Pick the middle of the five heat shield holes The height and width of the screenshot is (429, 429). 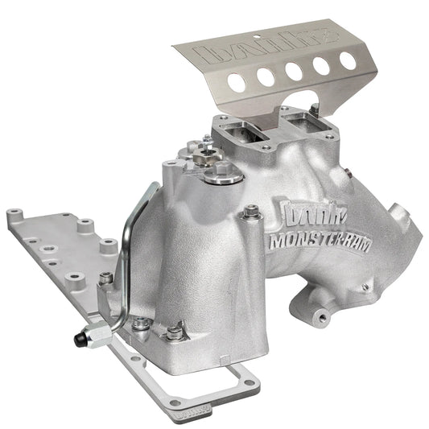295,71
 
